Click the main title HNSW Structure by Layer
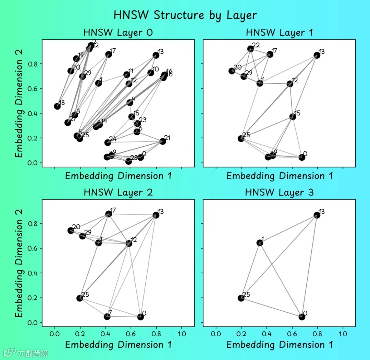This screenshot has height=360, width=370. (185, 15)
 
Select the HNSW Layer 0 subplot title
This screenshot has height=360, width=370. (118, 33)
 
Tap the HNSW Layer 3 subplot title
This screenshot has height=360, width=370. (279, 193)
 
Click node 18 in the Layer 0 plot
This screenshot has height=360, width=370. (58, 106)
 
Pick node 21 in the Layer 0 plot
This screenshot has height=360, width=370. (163, 141)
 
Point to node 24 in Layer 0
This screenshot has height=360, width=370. (108, 142)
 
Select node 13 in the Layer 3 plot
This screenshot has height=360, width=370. (317, 215)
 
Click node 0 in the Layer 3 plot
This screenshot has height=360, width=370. (302, 317)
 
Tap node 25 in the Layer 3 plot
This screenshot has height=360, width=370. (241, 298)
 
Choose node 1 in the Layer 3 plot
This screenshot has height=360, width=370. (260, 243)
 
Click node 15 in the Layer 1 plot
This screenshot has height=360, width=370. (293, 116)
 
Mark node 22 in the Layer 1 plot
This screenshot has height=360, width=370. (250, 49)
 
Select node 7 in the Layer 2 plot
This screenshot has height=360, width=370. (107, 316)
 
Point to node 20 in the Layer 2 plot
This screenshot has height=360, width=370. (71, 231)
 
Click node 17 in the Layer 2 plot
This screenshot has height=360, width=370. (109, 214)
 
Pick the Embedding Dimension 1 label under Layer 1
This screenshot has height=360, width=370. (280, 176)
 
